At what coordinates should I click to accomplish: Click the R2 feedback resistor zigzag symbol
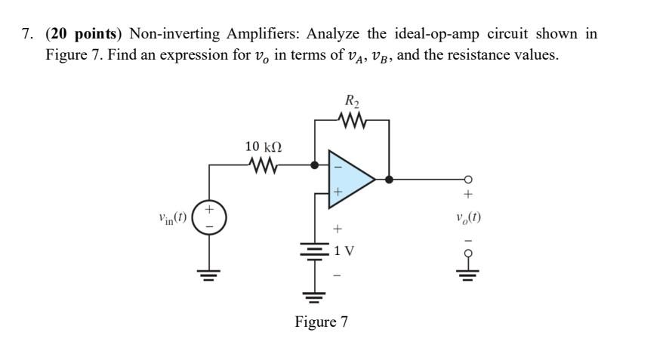(x=351, y=120)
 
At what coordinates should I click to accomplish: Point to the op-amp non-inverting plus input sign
(x=338, y=193)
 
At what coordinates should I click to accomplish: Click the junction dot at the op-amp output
(x=389, y=180)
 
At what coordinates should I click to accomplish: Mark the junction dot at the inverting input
(x=315, y=163)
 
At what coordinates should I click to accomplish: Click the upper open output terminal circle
(x=469, y=180)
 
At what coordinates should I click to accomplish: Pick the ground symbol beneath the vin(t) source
(x=208, y=272)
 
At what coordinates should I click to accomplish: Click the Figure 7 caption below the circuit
(x=321, y=322)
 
